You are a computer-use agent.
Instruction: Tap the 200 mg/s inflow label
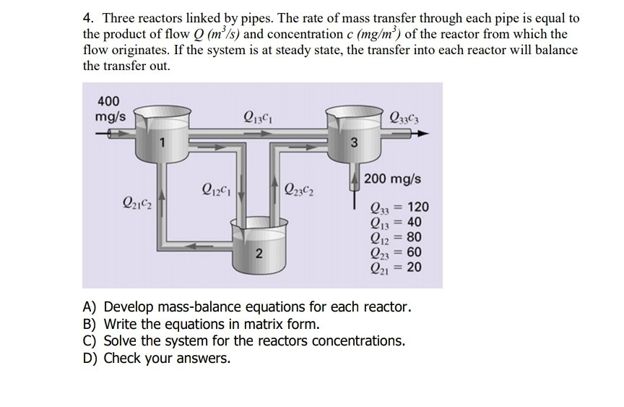[x=393, y=179]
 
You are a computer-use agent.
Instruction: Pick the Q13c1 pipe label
[x=259, y=114]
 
